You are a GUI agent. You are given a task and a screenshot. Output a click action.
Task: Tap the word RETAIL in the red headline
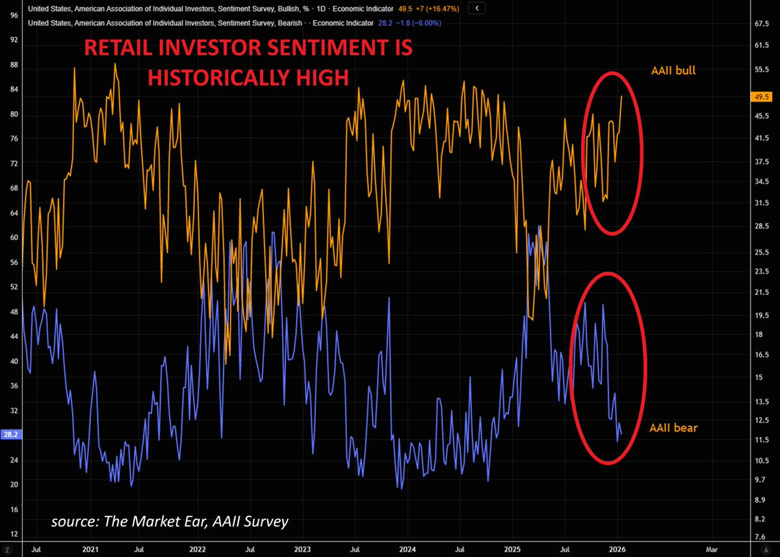(x=120, y=49)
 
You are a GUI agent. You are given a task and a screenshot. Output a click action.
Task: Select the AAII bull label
(x=673, y=70)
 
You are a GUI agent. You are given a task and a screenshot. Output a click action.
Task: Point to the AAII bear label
(x=673, y=428)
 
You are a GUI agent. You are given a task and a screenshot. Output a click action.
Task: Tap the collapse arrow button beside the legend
(x=478, y=8)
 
